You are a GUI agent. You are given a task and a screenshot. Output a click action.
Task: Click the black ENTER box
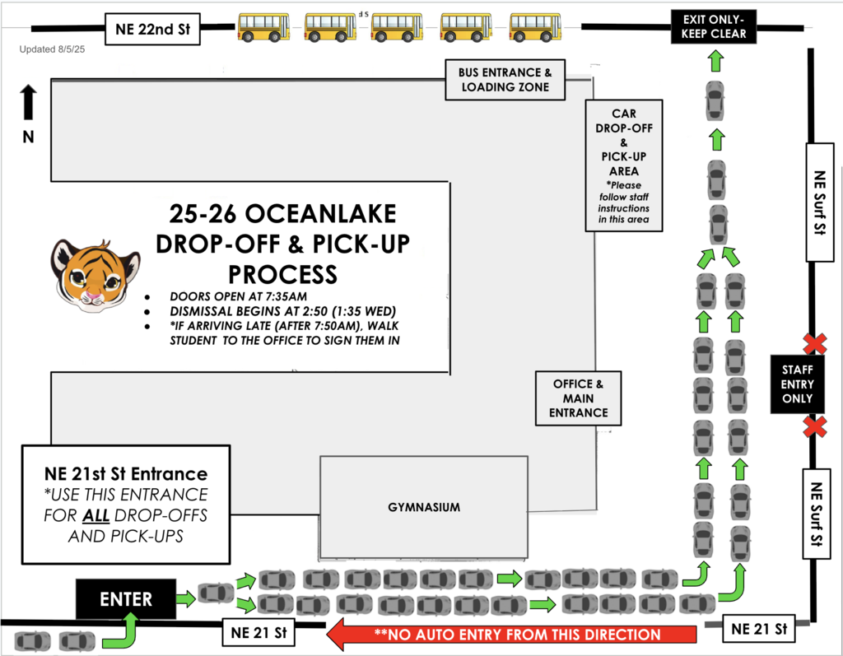tap(126, 599)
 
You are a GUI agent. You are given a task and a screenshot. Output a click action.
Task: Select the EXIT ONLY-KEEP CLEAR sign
tap(714, 27)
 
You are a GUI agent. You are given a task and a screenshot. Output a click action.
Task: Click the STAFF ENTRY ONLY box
tap(797, 384)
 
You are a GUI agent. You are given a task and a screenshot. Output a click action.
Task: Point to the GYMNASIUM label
tap(424, 507)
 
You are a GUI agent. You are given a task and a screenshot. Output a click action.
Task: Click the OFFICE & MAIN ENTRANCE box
tap(579, 398)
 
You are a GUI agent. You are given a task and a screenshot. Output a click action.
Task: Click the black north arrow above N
tap(28, 103)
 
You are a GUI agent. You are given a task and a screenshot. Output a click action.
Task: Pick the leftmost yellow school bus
tap(263, 27)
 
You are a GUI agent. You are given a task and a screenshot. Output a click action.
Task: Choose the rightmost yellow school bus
tap(535, 27)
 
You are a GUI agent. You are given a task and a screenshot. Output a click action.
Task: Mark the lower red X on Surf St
tap(815, 427)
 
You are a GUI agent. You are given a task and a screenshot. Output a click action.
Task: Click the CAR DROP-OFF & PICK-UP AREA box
tap(623, 165)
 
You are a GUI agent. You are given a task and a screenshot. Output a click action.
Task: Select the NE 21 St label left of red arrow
tap(258, 633)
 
